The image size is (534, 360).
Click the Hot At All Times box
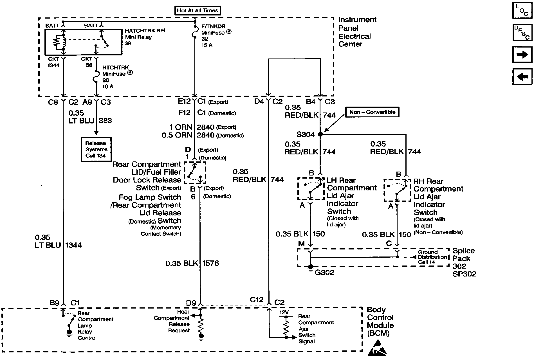click(x=198, y=11)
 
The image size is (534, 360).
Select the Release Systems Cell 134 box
click(x=96, y=149)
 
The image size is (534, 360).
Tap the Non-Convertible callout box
click(x=373, y=112)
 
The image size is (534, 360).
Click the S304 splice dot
click(x=320, y=134)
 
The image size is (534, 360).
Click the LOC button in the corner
click(x=522, y=10)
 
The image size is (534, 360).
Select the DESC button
click(x=522, y=33)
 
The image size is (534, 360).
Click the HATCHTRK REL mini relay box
click(x=83, y=42)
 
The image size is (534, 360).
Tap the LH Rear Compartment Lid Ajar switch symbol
click(x=311, y=188)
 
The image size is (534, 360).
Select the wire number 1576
click(x=210, y=263)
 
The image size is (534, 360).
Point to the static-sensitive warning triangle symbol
click(x=378, y=348)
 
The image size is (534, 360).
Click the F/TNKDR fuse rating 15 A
click(x=207, y=45)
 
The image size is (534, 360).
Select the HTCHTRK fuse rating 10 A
click(x=108, y=87)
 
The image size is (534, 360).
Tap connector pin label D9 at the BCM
click(x=191, y=303)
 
